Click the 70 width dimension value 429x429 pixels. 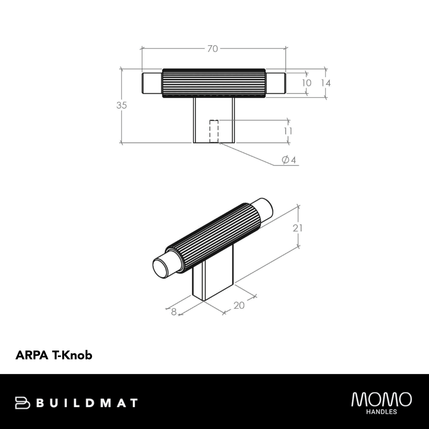pos(213,49)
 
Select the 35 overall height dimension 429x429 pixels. pos(121,105)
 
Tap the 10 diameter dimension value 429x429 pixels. pos(306,83)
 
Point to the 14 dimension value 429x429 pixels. pos(326,83)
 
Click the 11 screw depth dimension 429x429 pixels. pos(288,131)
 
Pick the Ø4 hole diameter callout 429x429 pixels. pos(289,160)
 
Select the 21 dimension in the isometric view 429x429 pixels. pos(297,228)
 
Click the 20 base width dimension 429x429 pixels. pos(239,305)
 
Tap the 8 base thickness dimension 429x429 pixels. pos(174,312)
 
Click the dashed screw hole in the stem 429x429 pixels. pos(214,131)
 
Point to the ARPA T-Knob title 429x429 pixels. pos(54,355)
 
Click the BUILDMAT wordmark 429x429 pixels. pos(88,403)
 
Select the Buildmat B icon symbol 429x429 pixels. pos(23,403)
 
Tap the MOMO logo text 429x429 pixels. pos(381,400)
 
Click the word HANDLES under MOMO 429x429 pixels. pos(381,412)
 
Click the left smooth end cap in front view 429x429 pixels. pos(152,83)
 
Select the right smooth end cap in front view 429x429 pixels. pos(276,83)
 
